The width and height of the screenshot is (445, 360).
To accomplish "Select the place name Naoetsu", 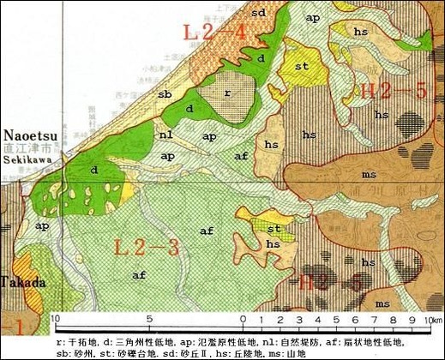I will (x=31, y=135).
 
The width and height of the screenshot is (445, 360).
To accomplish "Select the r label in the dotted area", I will (x=227, y=91).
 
